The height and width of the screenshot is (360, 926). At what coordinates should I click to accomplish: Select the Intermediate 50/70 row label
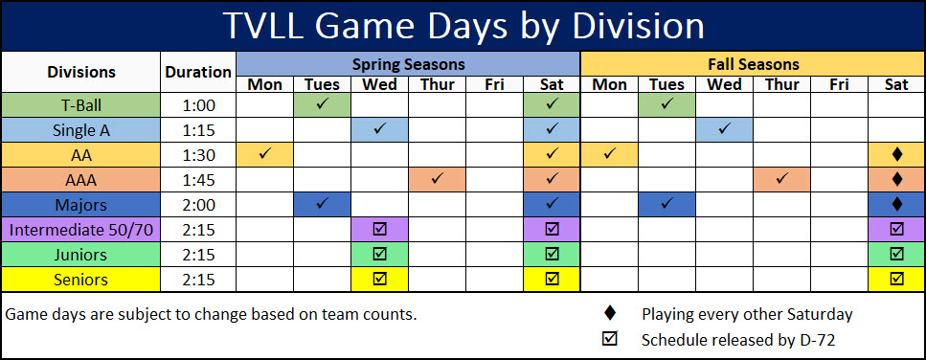pos(81,230)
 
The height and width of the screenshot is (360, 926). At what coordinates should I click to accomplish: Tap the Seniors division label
pos(80,280)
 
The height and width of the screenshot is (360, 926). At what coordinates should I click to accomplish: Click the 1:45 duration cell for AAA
pos(198,180)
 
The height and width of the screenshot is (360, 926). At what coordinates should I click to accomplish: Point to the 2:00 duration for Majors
pos(198,205)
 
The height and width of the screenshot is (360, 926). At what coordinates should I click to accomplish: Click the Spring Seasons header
pos(409,64)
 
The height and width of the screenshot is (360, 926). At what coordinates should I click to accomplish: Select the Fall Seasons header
pos(754,64)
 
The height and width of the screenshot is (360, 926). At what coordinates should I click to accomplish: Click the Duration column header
pos(198,72)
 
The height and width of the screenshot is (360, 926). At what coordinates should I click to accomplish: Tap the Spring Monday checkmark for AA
pos(264,153)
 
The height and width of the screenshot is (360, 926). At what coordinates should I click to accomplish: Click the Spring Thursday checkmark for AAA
pos(437,178)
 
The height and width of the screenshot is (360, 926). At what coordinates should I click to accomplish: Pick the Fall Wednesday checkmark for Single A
pos(725,128)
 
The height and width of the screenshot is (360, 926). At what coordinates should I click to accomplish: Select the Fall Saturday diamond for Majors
pos(897,204)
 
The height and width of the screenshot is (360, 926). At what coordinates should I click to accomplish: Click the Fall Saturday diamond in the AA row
pos(897,154)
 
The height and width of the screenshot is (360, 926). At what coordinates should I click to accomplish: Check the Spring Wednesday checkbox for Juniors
pos(380,254)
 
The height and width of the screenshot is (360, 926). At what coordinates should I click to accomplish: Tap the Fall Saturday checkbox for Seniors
pos(897,279)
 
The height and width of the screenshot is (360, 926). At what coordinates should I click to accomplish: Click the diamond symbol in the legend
pos(609,314)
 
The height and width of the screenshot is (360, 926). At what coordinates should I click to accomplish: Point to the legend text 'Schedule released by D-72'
pos(737,340)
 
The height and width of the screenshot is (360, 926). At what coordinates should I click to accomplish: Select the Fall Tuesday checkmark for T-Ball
pos(667,103)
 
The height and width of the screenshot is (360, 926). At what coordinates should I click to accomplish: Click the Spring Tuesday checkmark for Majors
pos(323,203)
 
